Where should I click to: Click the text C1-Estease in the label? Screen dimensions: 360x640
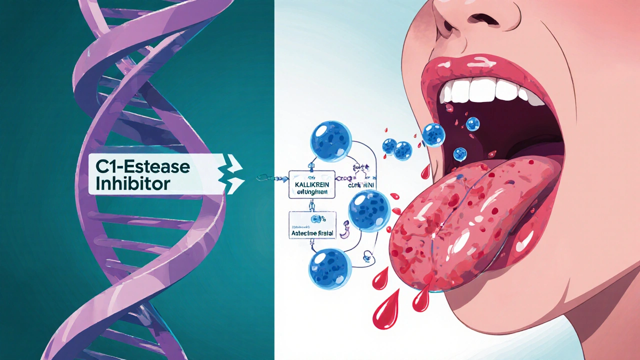pos(140,166)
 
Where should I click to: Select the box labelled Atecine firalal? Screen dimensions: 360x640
pos(312,232)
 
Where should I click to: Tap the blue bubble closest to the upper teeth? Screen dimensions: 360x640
pos(472,123)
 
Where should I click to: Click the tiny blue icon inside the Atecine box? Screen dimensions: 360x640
pos(315,218)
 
